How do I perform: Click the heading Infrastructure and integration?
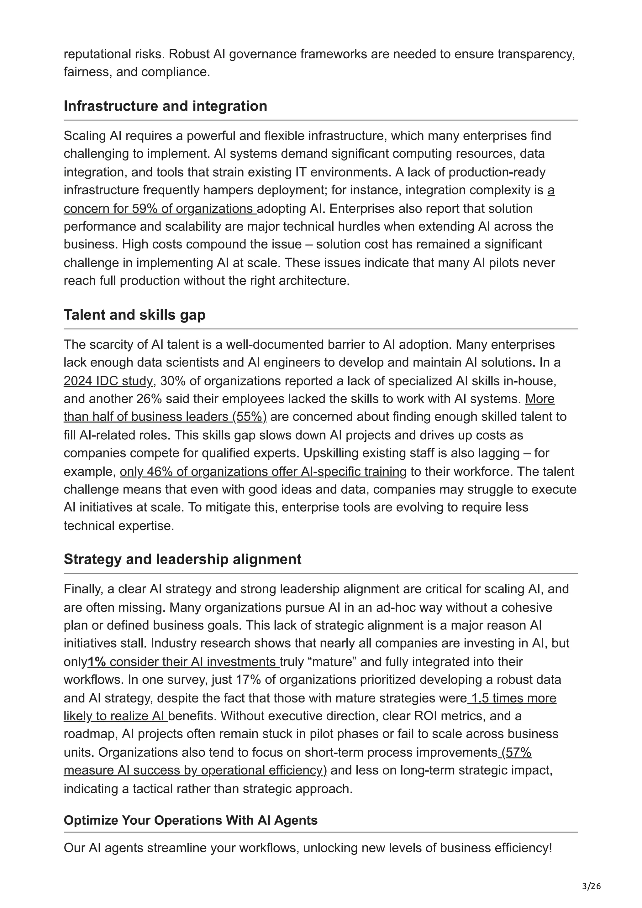tap(165, 106)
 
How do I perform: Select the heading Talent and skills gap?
tap(134, 315)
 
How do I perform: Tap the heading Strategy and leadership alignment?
tap(182, 559)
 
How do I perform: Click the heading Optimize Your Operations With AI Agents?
tap(190, 820)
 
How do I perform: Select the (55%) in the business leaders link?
tap(249, 417)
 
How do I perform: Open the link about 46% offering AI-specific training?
tap(263, 472)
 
